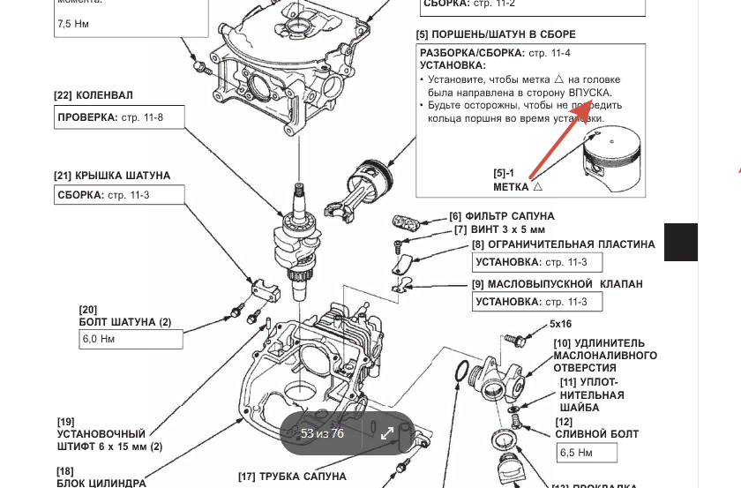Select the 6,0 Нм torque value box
click(x=131, y=339)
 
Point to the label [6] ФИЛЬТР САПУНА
click(x=501, y=215)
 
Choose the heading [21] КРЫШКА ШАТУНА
click(x=112, y=176)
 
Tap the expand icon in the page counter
click(x=386, y=432)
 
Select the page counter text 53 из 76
click(x=322, y=432)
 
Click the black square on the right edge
click(x=681, y=242)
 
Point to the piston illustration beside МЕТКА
click(x=614, y=160)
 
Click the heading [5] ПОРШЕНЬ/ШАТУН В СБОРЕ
click(x=496, y=34)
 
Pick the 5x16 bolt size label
click(x=560, y=324)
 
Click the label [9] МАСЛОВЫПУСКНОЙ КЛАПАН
click(x=558, y=284)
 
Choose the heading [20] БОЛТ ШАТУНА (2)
click(x=125, y=316)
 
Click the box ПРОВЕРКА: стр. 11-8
click(x=119, y=117)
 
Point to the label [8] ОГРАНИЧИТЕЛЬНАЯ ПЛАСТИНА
click(x=564, y=244)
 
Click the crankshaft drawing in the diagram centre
click(x=302, y=238)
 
